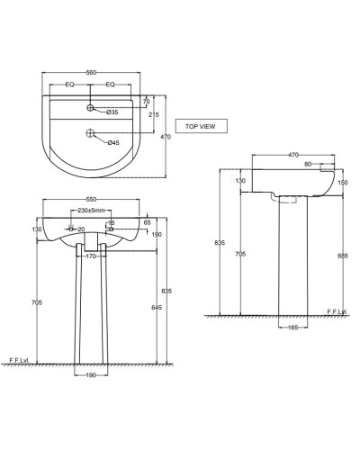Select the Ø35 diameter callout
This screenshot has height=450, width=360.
click(113, 112)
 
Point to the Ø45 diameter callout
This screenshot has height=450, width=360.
click(113, 142)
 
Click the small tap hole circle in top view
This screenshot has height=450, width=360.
click(92, 109)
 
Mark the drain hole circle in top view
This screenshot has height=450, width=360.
click(92, 135)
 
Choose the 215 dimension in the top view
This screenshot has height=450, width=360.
click(152, 116)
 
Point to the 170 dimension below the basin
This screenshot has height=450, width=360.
click(90, 256)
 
